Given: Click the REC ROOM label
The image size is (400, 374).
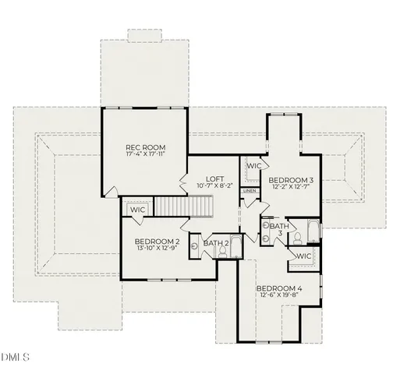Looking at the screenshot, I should [146, 146].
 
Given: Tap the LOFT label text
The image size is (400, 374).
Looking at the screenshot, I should [216, 178].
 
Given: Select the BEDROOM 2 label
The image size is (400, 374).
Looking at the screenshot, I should [157, 242].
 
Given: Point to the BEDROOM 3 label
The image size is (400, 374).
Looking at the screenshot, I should [291, 180].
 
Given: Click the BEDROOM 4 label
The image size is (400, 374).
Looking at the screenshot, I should [279, 288].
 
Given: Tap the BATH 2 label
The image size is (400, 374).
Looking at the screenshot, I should [215, 244].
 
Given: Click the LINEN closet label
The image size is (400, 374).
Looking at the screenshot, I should [250, 191].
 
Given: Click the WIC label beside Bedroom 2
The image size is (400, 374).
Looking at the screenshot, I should [138, 210].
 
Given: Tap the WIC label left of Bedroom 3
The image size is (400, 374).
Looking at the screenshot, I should [253, 166].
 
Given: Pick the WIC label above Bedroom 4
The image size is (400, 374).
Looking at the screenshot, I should [303, 256].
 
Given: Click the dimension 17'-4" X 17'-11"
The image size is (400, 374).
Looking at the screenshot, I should [146, 155].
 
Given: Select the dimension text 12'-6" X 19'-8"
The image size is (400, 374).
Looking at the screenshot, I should [279, 297].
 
